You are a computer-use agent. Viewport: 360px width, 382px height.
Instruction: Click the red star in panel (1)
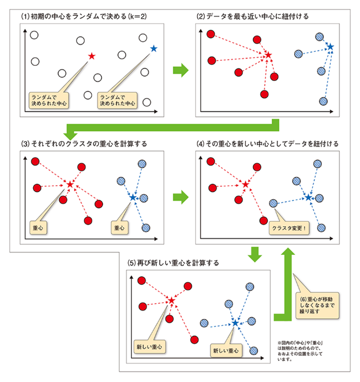tap(92, 56)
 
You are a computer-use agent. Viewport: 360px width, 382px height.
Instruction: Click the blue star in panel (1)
tap(154, 48)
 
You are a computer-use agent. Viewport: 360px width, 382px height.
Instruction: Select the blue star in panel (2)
tap(330, 46)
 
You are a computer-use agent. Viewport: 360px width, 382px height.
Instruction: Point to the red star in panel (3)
tap(70, 184)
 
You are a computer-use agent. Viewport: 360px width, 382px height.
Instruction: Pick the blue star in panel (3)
tap(133, 197)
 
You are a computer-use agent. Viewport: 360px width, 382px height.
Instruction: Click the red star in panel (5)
tap(172, 301)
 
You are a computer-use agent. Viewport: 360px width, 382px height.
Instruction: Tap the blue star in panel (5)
tap(235, 323)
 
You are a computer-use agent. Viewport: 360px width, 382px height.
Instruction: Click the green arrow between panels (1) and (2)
tap(179, 70)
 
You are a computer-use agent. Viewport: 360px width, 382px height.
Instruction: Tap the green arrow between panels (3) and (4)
tap(180, 197)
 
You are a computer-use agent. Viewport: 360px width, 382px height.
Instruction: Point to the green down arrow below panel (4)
tap(256, 254)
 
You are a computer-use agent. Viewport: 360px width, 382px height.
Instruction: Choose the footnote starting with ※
tap(301, 352)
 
